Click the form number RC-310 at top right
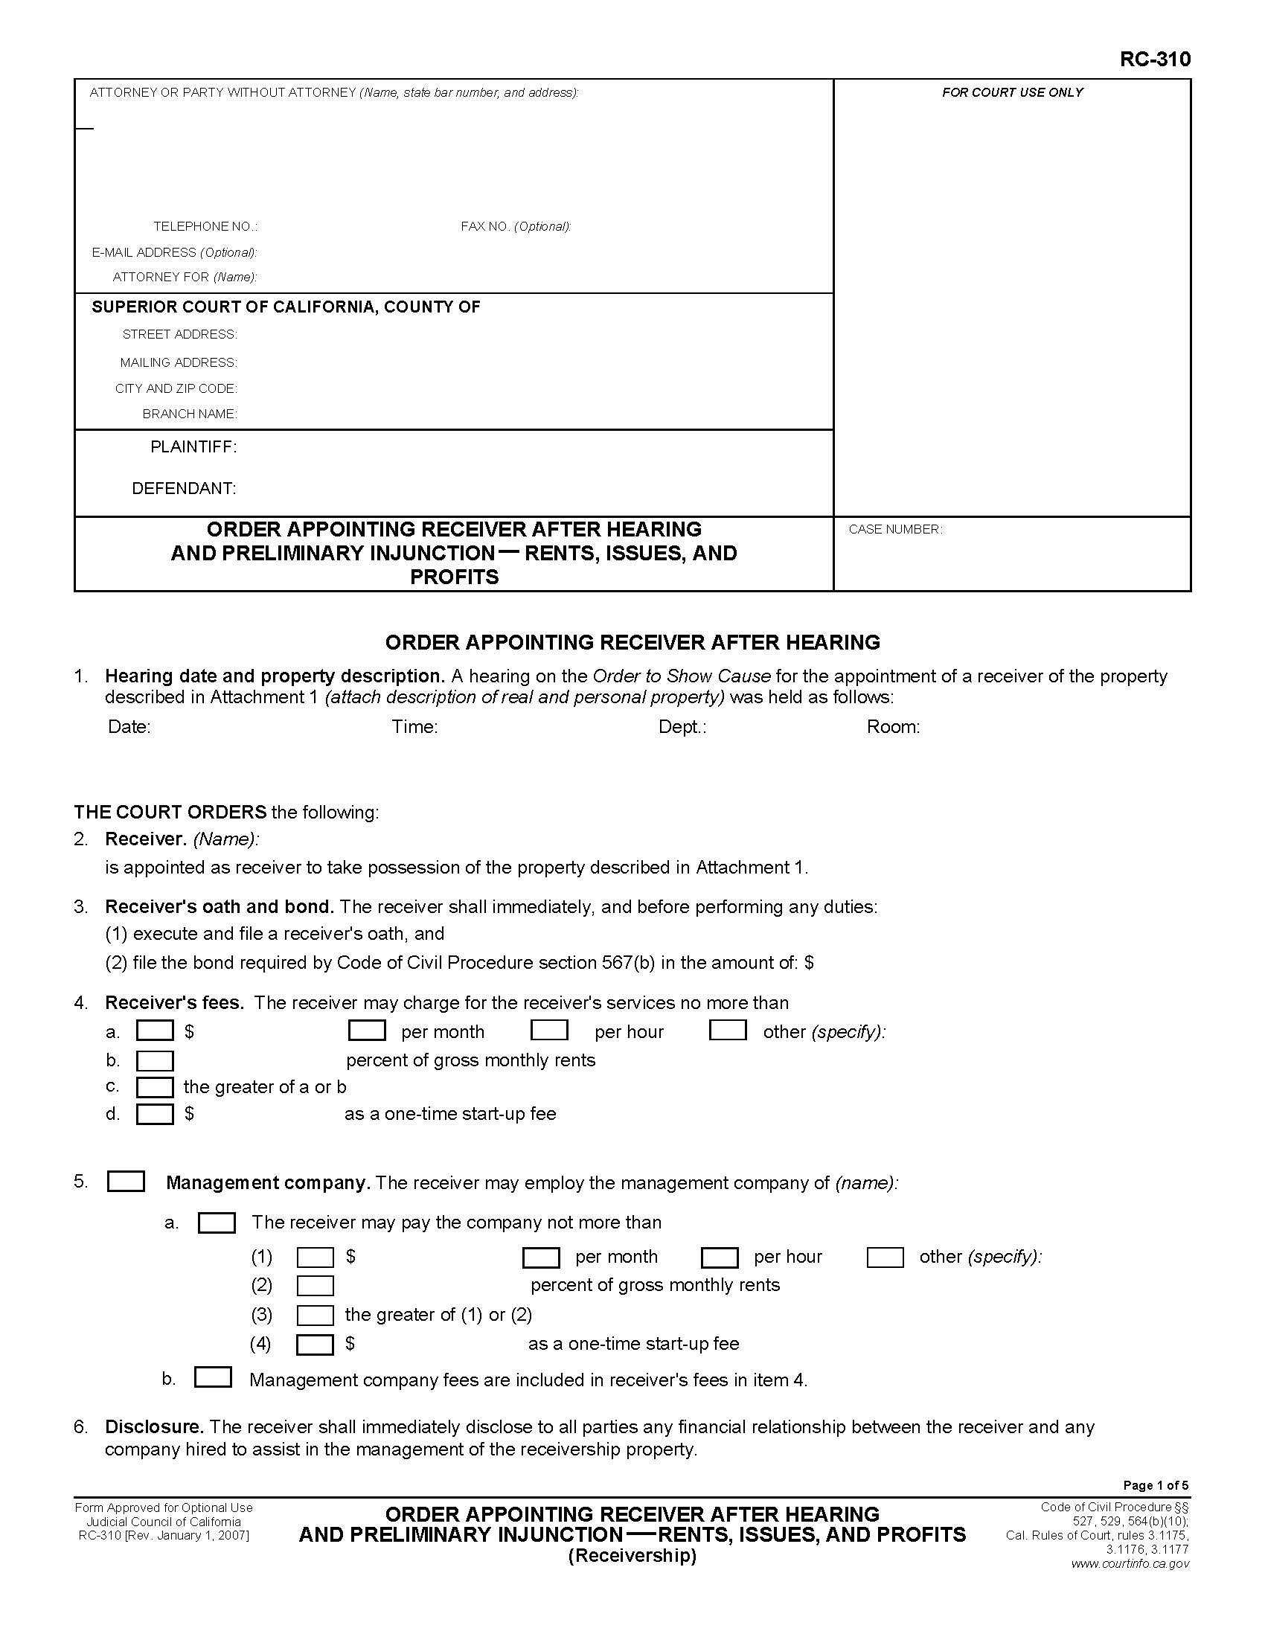(1154, 60)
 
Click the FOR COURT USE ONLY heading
(1012, 92)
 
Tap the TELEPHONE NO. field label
(205, 226)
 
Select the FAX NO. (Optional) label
(516, 226)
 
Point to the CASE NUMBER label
(894, 529)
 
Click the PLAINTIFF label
(193, 446)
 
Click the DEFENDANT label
(184, 489)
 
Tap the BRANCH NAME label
(190, 414)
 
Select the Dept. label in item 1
(682, 726)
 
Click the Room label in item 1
(892, 726)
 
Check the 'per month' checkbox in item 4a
(366, 1031)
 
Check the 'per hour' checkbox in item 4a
(548, 1031)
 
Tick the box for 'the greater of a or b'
(154, 1087)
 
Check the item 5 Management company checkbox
(126, 1182)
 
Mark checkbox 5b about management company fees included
(213, 1377)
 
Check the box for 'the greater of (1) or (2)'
(315, 1315)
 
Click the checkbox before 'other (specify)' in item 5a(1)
(884, 1257)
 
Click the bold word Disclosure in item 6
(153, 1426)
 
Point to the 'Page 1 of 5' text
(1155, 1486)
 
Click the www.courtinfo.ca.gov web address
(1130, 1563)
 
